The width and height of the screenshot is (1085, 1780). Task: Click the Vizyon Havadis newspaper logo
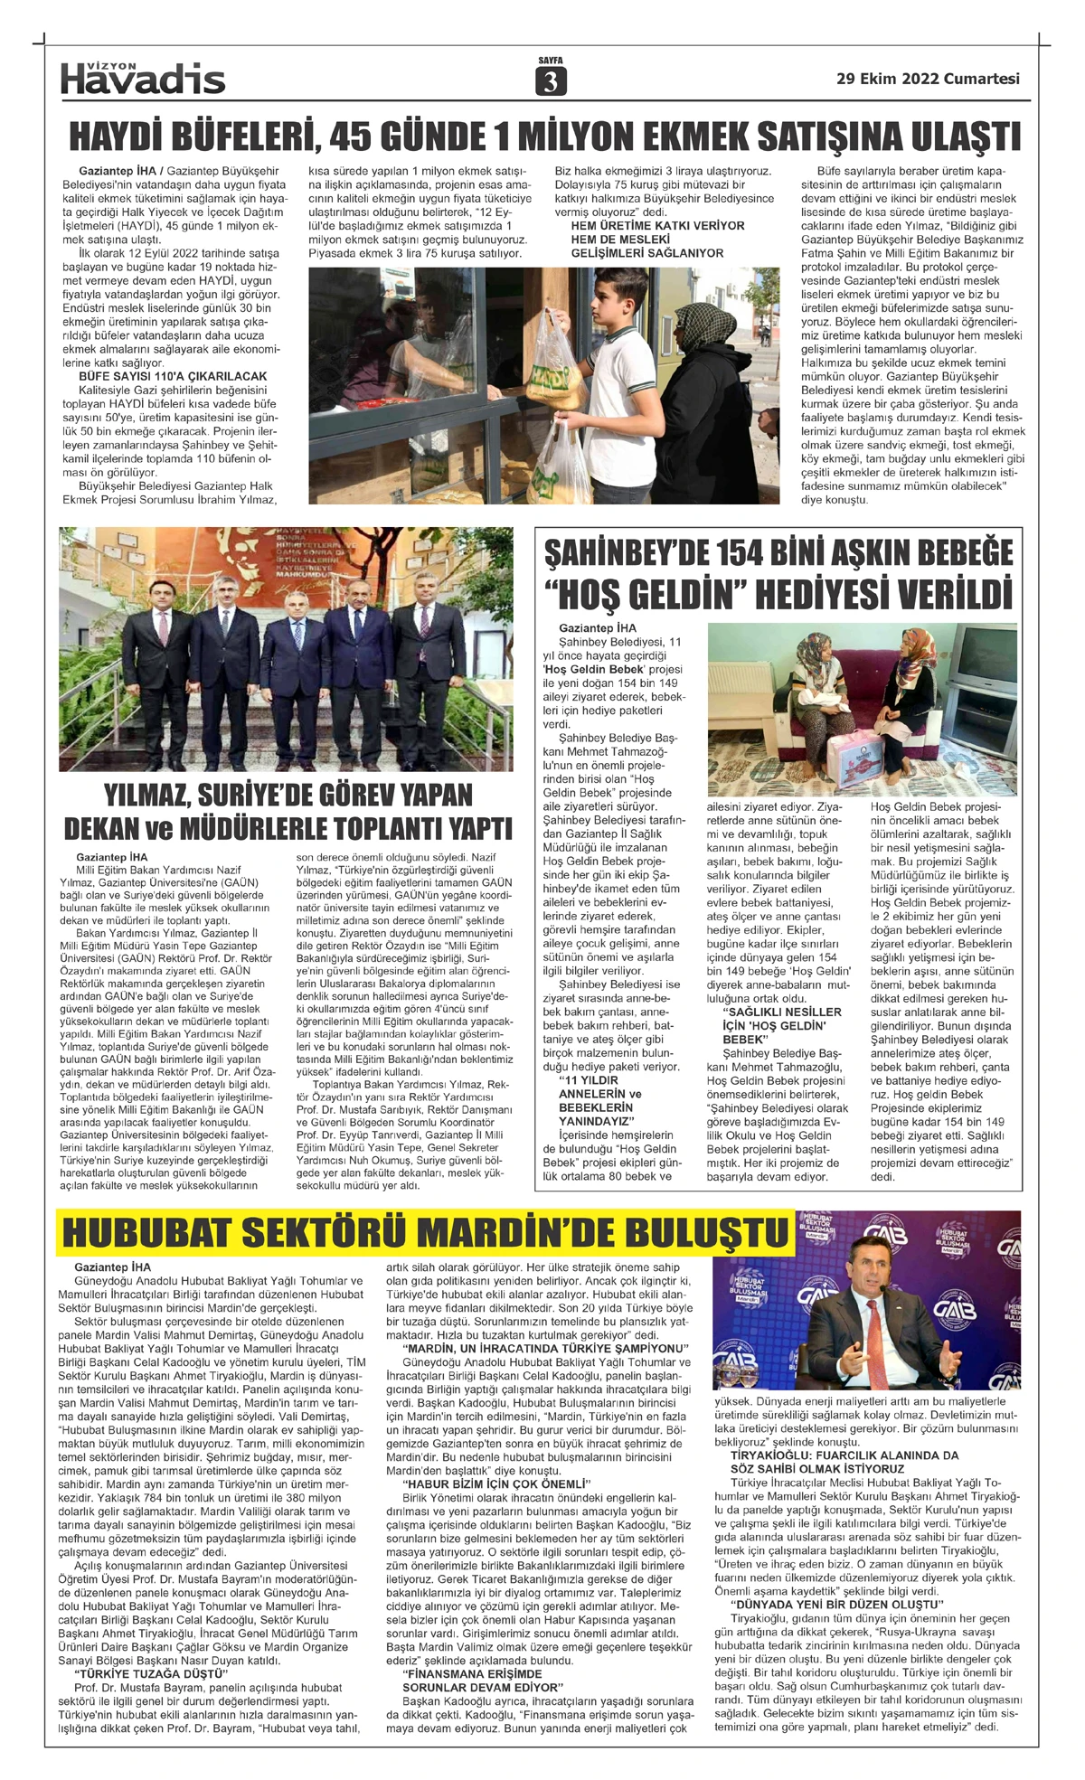(143, 79)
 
